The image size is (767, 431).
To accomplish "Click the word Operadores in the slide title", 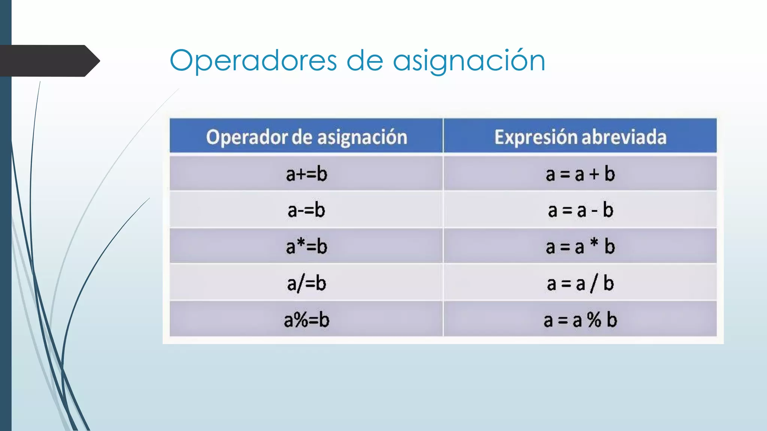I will pyautogui.click(x=253, y=61).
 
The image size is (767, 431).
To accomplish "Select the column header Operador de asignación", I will pyautogui.click(x=306, y=137).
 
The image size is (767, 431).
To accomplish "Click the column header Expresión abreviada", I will pyautogui.click(x=580, y=137).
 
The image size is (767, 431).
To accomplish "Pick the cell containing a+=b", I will pyautogui.click(x=306, y=174).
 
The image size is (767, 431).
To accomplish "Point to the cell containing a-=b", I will pyautogui.click(x=306, y=210).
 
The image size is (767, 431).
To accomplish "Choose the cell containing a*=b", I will pyautogui.click(x=306, y=247).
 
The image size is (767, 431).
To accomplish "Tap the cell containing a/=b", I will pyautogui.click(x=306, y=283).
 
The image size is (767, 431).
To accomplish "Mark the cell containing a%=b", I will pyautogui.click(x=306, y=320).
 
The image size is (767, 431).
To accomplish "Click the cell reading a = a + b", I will pyautogui.click(x=580, y=174).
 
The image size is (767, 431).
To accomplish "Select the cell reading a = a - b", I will pyautogui.click(x=580, y=210).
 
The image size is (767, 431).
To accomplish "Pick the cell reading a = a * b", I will pyautogui.click(x=580, y=247).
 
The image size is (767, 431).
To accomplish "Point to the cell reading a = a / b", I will pyautogui.click(x=580, y=283).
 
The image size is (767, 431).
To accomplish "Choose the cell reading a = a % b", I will pyautogui.click(x=580, y=320).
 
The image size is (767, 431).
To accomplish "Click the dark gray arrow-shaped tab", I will pyautogui.click(x=49, y=61).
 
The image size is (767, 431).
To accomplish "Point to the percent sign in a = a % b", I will pyautogui.click(x=594, y=320).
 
